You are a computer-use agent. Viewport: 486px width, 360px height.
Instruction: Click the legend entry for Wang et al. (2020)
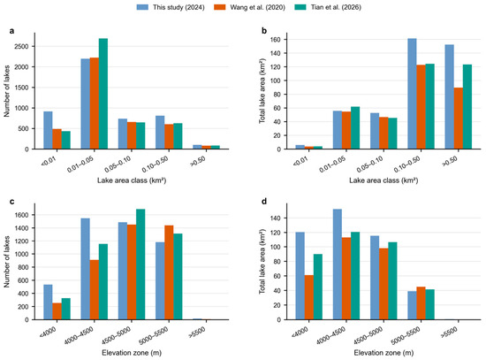[x=249, y=7]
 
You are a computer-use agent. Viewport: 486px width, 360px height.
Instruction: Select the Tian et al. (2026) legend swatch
[x=300, y=7]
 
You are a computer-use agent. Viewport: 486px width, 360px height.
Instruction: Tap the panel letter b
[x=264, y=31]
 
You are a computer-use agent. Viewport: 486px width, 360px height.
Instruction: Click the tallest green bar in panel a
[x=103, y=94]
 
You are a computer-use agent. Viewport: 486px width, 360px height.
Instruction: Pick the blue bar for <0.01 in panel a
[x=48, y=130]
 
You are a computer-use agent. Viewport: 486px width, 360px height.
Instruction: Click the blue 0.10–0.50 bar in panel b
[x=412, y=94]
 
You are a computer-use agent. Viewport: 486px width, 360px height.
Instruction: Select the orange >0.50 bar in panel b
[x=458, y=119]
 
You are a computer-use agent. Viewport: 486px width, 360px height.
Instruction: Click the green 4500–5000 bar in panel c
[x=140, y=264]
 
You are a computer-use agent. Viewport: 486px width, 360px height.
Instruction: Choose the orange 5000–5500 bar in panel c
[x=169, y=272]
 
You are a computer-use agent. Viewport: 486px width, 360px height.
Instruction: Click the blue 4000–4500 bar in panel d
[x=338, y=264]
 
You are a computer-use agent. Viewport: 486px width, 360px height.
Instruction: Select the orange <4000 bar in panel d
[x=309, y=297]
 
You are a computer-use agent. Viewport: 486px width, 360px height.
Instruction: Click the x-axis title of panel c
[x=132, y=353]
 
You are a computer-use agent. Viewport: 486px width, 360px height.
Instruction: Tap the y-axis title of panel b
[x=262, y=91]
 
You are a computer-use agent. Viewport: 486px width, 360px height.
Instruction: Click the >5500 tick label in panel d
[x=449, y=333]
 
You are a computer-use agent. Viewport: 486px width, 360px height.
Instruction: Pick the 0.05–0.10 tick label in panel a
[x=118, y=165]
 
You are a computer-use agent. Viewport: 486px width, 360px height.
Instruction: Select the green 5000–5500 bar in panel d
[x=429, y=304]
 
